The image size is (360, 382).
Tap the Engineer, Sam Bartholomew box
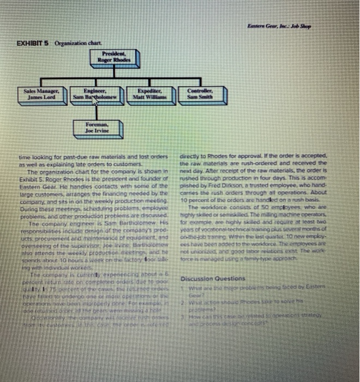(x=95, y=94)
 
